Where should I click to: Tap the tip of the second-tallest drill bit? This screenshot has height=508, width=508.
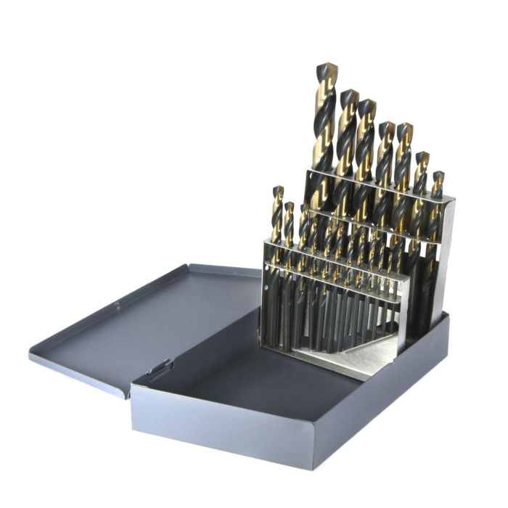click(349, 94)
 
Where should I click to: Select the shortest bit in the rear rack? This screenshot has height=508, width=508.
click(438, 177)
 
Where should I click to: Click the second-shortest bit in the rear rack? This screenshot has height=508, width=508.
click(421, 157)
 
